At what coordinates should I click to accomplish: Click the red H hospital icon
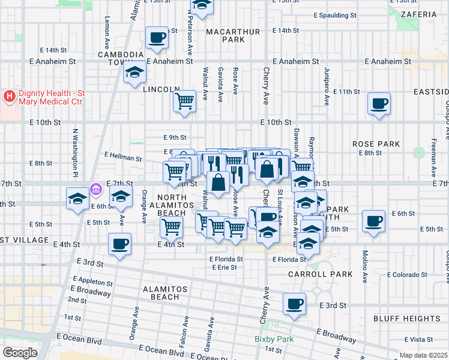tap(10, 96)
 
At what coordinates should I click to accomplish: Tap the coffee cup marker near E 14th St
tap(157, 38)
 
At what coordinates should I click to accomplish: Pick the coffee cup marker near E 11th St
tap(379, 103)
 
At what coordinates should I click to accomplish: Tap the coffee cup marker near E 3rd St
tap(295, 304)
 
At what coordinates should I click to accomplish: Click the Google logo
tap(20, 352)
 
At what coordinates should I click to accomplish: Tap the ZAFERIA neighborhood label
tap(420, 14)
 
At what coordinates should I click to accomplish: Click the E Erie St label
tap(225, 267)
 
